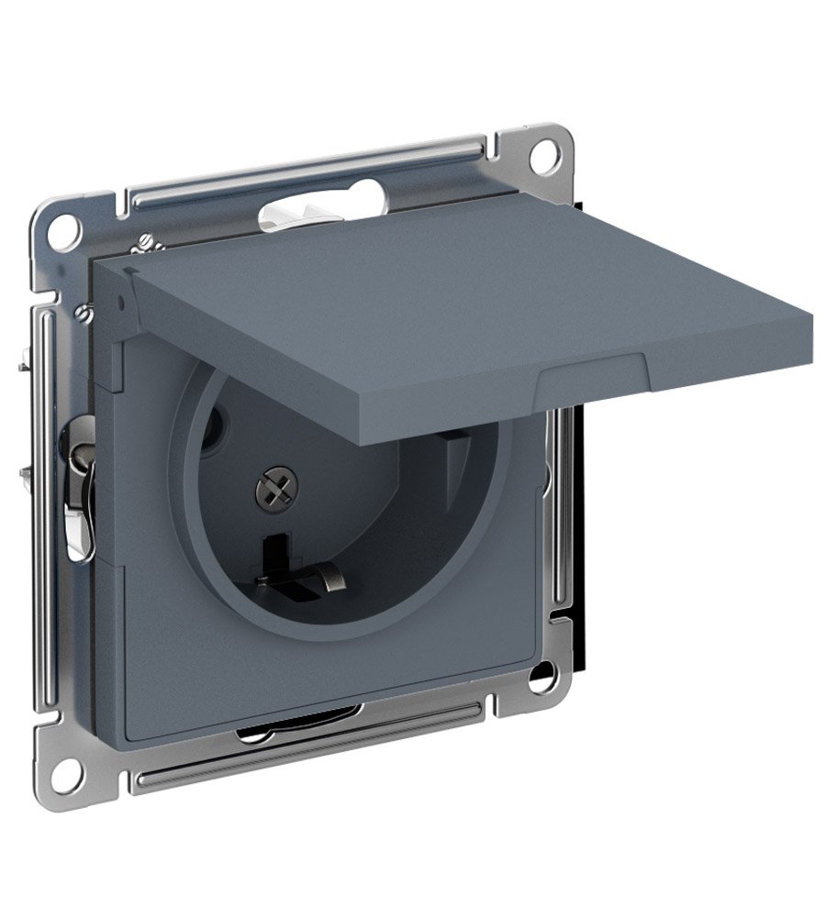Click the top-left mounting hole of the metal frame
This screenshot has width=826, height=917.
pos(63,223)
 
